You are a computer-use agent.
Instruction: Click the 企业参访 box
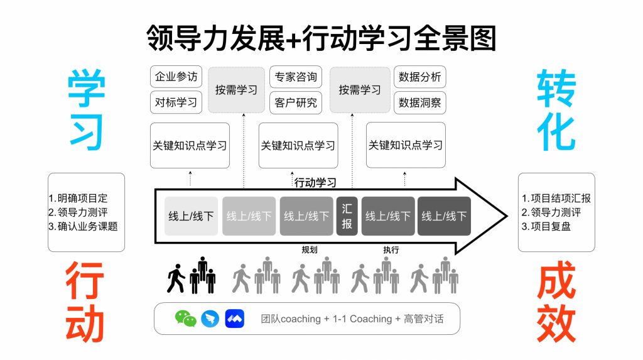[176, 77]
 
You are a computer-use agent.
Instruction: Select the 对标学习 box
[176, 102]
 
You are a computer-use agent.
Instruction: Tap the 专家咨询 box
[294, 77]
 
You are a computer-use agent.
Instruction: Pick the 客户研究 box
[294, 102]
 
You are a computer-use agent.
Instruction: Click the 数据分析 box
[419, 77]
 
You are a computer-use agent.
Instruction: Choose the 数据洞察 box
[419, 102]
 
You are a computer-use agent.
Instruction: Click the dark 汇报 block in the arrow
[347, 215]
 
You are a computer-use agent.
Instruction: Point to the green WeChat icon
[185, 319]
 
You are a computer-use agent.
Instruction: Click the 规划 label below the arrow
[310, 249]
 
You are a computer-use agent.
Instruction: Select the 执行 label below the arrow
[391, 249]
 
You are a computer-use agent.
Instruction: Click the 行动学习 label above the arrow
[315, 183]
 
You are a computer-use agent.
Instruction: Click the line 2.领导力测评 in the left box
[78, 212]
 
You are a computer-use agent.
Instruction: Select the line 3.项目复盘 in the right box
[546, 226]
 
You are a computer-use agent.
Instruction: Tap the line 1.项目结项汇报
[556, 198]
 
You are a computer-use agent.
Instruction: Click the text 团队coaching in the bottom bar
[291, 319]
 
